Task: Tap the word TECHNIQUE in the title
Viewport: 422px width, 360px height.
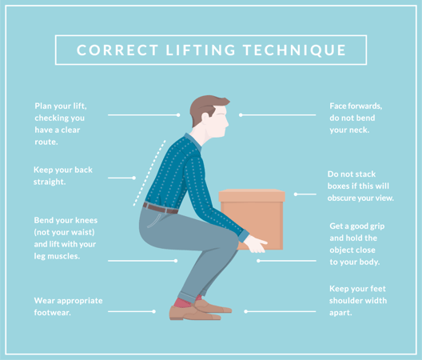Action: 301,50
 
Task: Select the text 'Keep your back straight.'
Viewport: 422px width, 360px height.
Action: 62,175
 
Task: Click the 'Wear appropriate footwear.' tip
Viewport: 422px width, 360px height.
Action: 67,306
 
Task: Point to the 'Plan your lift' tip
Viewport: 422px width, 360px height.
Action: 61,123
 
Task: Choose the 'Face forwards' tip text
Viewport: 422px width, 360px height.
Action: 356,118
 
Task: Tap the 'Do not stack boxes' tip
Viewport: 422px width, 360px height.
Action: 360,186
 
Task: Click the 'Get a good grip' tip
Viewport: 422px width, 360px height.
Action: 355,243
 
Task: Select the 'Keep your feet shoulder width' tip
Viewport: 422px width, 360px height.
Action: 358,300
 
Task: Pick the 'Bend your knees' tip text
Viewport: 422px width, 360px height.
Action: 65,238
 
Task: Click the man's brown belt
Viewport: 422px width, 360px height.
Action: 160,208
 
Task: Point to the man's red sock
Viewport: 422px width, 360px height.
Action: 181,302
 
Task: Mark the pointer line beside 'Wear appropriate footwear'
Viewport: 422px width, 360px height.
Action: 131,311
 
